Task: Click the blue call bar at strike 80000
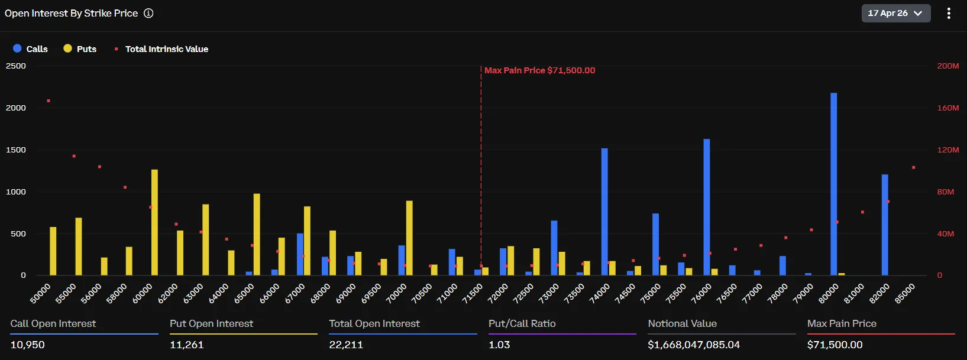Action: click(x=833, y=184)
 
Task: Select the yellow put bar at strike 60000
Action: click(x=154, y=222)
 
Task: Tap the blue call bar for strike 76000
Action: click(x=707, y=207)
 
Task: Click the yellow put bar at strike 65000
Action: click(x=257, y=234)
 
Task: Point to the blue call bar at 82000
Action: click(x=885, y=225)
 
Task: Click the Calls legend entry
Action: click(x=31, y=49)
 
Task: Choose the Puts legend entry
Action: click(x=80, y=49)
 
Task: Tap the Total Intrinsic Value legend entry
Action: click(x=166, y=49)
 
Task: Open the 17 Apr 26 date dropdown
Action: click(x=895, y=13)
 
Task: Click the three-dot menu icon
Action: click(x=949, y=13)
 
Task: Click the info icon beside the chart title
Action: click(x=148, y=13)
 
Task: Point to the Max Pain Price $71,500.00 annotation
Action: click(x=539, y=70)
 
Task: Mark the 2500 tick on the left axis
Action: click(x=16, y=66)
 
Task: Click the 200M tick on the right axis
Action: click(x=947, y=66)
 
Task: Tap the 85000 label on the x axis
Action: click(x=905, y=293)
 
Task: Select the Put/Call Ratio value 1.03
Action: click(x=499, y=345)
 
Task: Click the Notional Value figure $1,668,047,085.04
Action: click(x=694, y=345)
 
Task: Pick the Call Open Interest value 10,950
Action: click(x=28, y=345)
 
